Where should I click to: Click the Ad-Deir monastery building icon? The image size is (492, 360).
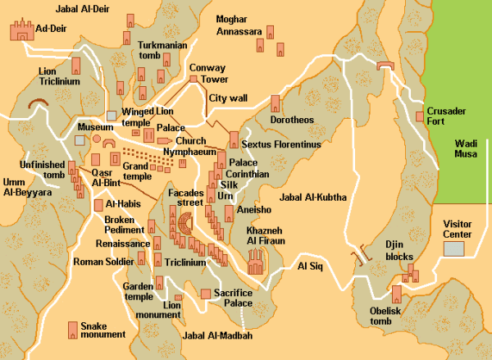click(19, 31)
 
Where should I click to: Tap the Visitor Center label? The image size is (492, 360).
click(457, 228)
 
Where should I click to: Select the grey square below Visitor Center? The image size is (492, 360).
click(453, 248)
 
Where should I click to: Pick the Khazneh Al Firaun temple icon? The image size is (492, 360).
click(256, 262)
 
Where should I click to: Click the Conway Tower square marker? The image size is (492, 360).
click(194, 79)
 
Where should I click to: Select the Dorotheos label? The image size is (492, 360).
click(293, 120)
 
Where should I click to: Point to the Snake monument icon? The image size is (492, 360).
click(72, 329)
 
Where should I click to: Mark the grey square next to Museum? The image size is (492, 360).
click(80, 140)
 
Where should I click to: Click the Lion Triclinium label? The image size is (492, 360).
click(60, 77)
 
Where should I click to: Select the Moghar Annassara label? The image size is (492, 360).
click(239, 25)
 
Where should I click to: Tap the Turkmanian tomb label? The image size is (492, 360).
click(163, 50)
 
